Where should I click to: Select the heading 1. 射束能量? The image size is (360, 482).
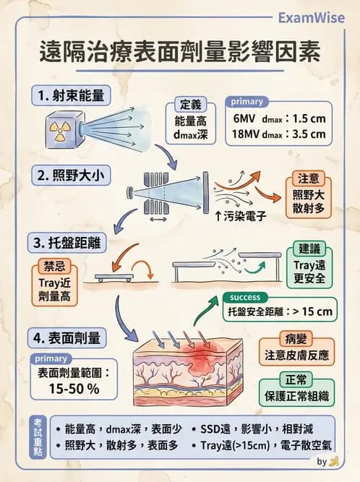[72, 95]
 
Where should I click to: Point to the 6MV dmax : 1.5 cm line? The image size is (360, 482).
[279, 117]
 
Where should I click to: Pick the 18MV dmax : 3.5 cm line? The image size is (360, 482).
[279, 134]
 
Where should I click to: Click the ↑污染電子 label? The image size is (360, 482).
[243, 216]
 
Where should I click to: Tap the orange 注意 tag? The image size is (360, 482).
[309, 178]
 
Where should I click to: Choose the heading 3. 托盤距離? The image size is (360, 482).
[72, 241]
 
